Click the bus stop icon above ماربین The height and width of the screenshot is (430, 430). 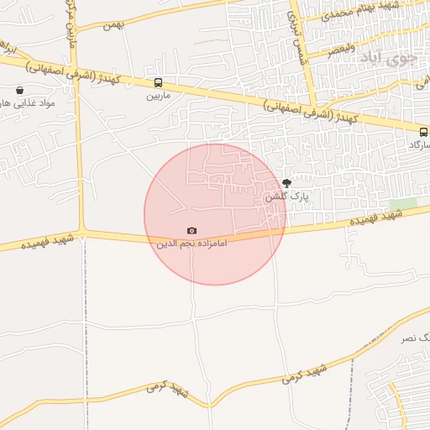(158, 82)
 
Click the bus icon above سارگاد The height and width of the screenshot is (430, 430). (423, 131)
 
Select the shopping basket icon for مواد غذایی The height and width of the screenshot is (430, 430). (19, 90)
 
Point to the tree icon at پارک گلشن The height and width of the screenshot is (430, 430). (286, 183)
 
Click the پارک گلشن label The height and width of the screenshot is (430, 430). (286, 197)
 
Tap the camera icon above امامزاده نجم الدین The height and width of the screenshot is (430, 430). (192, 230)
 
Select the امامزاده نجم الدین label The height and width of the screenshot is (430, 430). (192, 244)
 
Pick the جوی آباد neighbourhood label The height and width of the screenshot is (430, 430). (387, 58)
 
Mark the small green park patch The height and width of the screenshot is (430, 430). (403, 204)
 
